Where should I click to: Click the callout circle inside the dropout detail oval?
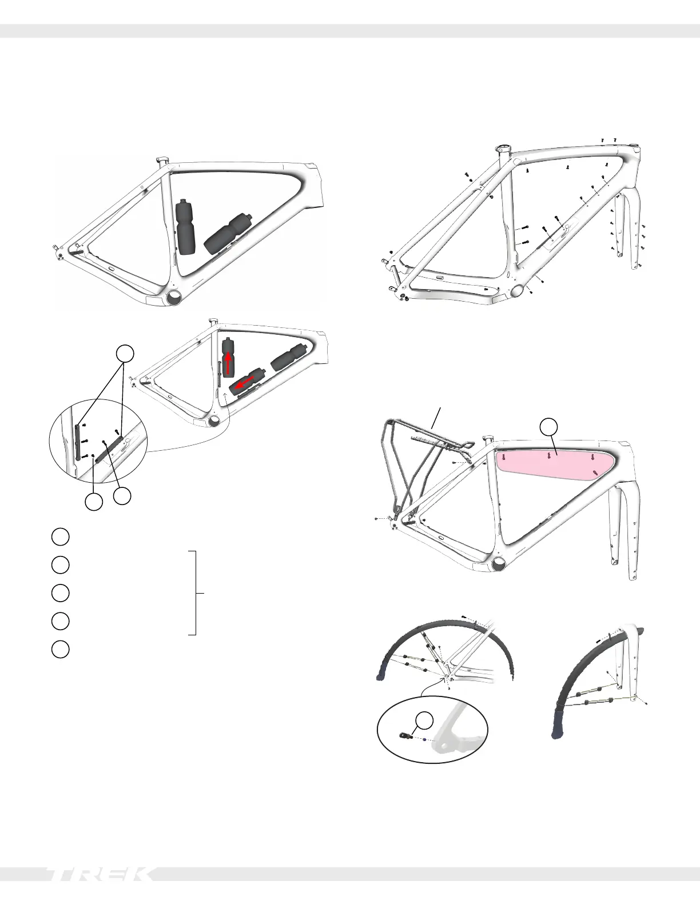(x=424, y=720)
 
